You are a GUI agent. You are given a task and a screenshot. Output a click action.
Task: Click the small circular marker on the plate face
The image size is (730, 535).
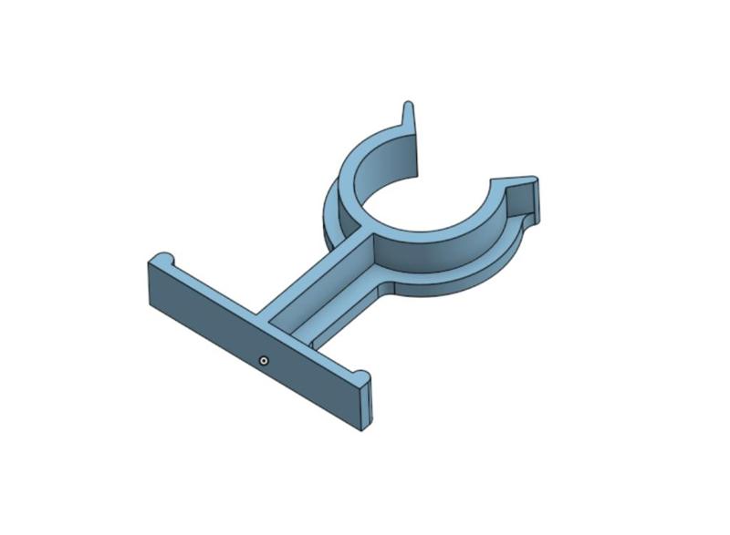coord(264,361)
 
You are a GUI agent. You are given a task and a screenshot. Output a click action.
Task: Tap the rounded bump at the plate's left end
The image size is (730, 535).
coord(162,258)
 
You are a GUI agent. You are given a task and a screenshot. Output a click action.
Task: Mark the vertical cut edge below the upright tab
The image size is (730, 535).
coord(416,155)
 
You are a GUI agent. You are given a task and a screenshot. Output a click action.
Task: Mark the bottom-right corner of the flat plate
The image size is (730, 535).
coord(362,429)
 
